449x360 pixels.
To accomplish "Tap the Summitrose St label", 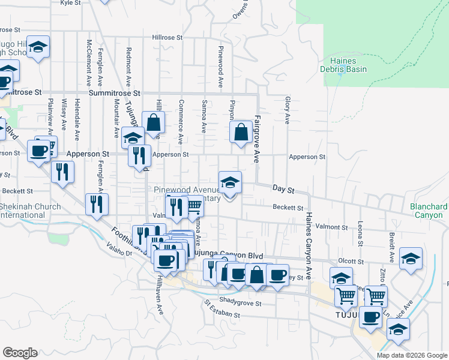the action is tap(114, 94).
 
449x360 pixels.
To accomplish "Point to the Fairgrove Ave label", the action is tap(257, 139).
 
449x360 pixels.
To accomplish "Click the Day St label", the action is tap(283, 190).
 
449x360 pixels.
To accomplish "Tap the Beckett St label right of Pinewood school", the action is tap(288, 208).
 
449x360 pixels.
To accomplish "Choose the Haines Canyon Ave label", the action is tap(309, 245).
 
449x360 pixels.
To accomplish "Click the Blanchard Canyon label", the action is tap(429, 211).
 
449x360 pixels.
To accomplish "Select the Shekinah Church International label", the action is tap(30, 211).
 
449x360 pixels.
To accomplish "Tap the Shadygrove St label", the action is tap(240, 304).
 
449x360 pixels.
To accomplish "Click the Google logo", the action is tap(20, 353).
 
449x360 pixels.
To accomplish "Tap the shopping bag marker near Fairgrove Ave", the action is tap(241, 132).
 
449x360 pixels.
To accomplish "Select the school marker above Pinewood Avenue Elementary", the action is tap(230, 183).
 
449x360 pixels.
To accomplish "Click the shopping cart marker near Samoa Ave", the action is tap(193, 207).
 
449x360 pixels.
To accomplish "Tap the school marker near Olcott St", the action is tap(411, 259).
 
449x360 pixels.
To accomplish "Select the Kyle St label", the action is tap(71, 3).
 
